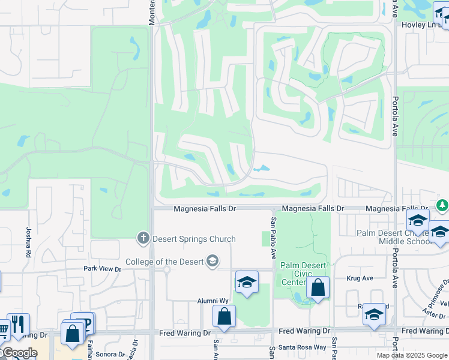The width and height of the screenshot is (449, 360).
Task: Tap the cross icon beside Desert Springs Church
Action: pos(143,238)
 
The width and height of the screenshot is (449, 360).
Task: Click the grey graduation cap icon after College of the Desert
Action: pos(212,261)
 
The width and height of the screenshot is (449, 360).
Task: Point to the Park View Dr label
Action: pos(102,269)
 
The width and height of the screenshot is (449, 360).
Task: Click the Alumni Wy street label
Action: pos(213,301)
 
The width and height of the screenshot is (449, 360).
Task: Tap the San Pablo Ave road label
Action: pos(274,238)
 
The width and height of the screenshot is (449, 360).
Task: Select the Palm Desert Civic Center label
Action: pos(303,274)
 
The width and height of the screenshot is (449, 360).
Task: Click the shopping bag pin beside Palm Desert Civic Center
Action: pos(318,288)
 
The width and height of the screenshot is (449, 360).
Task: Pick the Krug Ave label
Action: pos(360,278)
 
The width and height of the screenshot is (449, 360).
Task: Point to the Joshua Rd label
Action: pos(28,242)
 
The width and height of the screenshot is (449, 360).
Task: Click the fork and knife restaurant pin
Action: pos(17,325)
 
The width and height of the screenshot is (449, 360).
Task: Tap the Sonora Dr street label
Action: pos(110,354)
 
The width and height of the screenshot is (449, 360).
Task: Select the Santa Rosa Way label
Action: pos(306,347)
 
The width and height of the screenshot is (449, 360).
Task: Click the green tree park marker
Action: pos(442,205)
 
